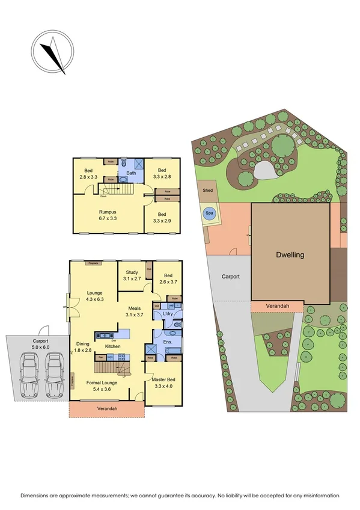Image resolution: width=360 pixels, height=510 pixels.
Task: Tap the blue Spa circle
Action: [210, 213]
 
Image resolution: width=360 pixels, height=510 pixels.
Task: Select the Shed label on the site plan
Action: [208, 190]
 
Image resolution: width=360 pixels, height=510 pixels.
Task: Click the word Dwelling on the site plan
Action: [290, 254]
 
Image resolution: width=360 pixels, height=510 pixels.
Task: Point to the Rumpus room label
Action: [108, 212]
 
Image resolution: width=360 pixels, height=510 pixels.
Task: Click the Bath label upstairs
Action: [132, 173]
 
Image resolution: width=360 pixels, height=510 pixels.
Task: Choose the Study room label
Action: [131, 272]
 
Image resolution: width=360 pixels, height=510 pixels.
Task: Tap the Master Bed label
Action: [163, 378]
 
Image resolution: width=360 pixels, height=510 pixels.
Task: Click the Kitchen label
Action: [114, 346]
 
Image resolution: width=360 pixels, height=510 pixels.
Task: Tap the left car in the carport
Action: [29, 377]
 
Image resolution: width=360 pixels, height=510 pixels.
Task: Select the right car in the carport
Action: [55, 377]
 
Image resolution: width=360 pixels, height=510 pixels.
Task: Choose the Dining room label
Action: [83, 344]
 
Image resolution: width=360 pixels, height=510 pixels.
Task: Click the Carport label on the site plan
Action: [230, 277]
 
